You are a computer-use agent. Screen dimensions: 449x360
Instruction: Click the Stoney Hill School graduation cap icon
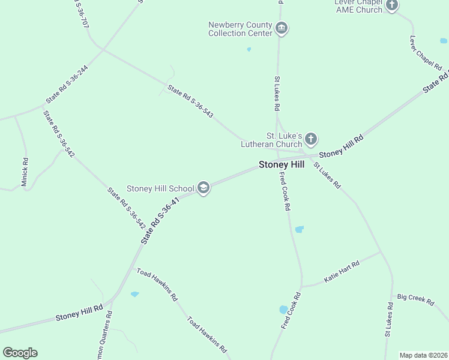[203, 188]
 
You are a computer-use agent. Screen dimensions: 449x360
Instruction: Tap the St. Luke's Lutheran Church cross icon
[310, 140]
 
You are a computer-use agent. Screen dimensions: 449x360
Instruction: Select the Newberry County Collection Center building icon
[281, 28]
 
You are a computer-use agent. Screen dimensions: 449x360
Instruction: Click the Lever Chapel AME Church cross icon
[391, 6]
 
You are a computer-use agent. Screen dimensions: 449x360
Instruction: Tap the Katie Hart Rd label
[342, 272]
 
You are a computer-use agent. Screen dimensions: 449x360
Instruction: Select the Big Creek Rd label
[415, 300]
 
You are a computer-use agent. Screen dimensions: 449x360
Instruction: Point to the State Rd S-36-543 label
[190, 101]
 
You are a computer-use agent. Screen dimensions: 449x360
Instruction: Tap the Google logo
[20, 353]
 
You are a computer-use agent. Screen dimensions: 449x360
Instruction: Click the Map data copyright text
[423, 355]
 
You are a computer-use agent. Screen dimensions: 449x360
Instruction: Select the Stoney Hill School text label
[160, 188]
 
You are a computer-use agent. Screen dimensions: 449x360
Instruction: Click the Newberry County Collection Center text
[240, 29]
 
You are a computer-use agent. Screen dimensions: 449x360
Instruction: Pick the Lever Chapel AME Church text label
[358, 6]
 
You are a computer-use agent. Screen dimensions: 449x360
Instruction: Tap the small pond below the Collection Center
[249, 49]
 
